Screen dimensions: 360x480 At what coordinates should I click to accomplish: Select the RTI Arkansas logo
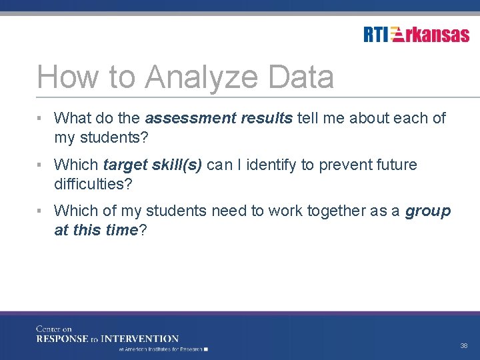click(416, 34)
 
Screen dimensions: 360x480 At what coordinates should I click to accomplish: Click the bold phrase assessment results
click(219, 119)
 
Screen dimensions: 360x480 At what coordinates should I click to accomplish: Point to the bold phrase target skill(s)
click(153, 165)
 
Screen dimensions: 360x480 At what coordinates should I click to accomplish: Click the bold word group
click(428, 211)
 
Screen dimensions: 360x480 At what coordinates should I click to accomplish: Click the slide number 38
click(463, 346)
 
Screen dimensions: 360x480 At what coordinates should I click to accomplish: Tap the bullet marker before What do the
click(41, 119)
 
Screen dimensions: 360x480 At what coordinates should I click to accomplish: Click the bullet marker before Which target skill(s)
click(41, 165)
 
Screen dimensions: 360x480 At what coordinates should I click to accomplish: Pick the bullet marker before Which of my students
click(41, 211)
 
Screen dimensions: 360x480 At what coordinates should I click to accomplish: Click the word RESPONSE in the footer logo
click(63, 339)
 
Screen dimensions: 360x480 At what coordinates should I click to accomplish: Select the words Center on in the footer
click(53, 329)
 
